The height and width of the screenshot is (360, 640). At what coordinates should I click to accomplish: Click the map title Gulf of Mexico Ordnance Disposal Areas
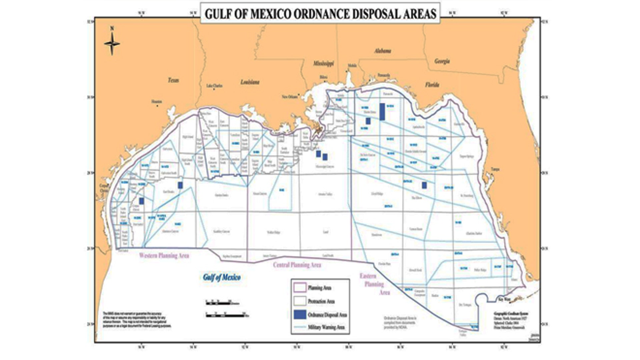(x=320, y=14)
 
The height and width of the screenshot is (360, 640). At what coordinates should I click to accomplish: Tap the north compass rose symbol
(x=112, y=43)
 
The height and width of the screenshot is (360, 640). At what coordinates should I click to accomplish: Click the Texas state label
(x=173, y=80)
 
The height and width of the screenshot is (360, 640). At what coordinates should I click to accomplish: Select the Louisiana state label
(x=250, y=82)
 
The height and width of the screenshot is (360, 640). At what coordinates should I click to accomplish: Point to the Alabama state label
(x=382, y=51)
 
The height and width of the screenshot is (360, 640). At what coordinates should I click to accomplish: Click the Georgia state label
(x=442, y=61)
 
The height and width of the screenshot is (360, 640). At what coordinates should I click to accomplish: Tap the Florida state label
(x=432, y=85)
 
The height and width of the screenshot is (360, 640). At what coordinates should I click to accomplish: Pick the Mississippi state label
(x=323, y=63)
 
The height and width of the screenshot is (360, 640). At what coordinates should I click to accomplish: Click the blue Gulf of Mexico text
(x=222, y=277)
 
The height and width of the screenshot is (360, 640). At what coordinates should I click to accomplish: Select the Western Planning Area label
(x=164, y=256)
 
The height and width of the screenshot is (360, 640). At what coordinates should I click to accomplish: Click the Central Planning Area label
(x=297, y=265)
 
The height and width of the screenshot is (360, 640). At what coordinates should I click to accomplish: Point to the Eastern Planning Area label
(x=374, y=284)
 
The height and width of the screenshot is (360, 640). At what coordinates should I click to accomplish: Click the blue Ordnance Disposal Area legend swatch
(x=300, y=314)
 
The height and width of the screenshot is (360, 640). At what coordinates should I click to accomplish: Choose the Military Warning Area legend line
(x=300, y=327)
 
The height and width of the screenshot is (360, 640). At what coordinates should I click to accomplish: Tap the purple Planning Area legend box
(x=300, y=288)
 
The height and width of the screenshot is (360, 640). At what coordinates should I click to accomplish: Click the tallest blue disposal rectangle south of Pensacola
(x=382, y=112)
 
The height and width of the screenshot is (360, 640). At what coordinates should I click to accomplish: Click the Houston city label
(x=156, y=101)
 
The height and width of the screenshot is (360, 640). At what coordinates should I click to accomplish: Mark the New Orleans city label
(x=289, y=97)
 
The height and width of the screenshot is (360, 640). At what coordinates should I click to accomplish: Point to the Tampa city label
(x=495, y=169)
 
